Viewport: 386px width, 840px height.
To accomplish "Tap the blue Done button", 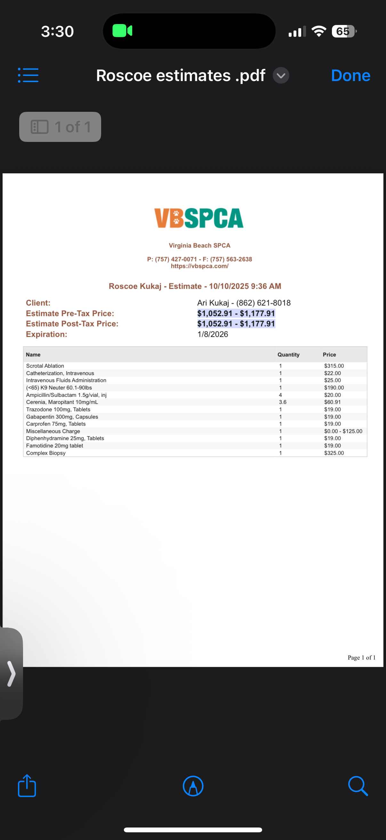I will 350,76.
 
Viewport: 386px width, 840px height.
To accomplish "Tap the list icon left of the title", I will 28,75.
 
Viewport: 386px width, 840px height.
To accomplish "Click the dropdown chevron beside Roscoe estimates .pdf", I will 281,76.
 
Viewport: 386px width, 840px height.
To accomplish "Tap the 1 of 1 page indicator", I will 60,127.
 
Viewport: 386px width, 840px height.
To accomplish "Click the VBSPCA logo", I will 199,218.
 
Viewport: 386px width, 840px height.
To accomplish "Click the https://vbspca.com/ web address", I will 199,266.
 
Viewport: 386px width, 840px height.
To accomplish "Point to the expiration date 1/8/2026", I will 213,334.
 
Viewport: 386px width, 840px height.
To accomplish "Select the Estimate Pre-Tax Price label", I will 70,313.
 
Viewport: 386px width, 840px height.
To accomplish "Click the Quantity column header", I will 288,354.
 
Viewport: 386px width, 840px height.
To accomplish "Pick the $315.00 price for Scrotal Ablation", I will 334,366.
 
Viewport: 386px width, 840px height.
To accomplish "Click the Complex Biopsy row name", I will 46,453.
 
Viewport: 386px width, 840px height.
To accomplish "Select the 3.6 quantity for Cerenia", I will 282,402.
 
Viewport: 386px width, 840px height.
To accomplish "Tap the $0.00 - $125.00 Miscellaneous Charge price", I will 343,431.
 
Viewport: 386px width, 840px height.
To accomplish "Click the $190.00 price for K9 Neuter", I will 334,388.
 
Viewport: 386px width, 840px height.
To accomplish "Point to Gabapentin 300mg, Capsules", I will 62,417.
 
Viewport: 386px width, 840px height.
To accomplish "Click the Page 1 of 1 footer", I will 361,657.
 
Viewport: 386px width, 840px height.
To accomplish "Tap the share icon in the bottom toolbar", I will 27,786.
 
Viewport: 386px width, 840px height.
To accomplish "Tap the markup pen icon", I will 193,786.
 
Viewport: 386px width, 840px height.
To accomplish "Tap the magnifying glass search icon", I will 358,786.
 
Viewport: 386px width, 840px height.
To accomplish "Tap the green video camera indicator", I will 122,31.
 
